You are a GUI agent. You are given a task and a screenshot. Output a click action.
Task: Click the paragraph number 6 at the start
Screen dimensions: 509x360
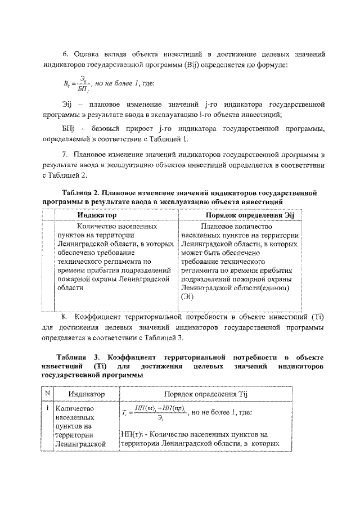click(65, 53)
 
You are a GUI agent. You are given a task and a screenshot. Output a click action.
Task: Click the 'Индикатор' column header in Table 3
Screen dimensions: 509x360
click(83, 395)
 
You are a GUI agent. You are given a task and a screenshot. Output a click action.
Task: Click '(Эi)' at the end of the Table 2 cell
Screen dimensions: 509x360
click(189, 297)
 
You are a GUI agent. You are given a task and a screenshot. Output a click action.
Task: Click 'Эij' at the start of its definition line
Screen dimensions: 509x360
click(67, 105)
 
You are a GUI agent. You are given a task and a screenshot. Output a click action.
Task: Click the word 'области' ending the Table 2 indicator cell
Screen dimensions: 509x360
click(70, 287)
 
